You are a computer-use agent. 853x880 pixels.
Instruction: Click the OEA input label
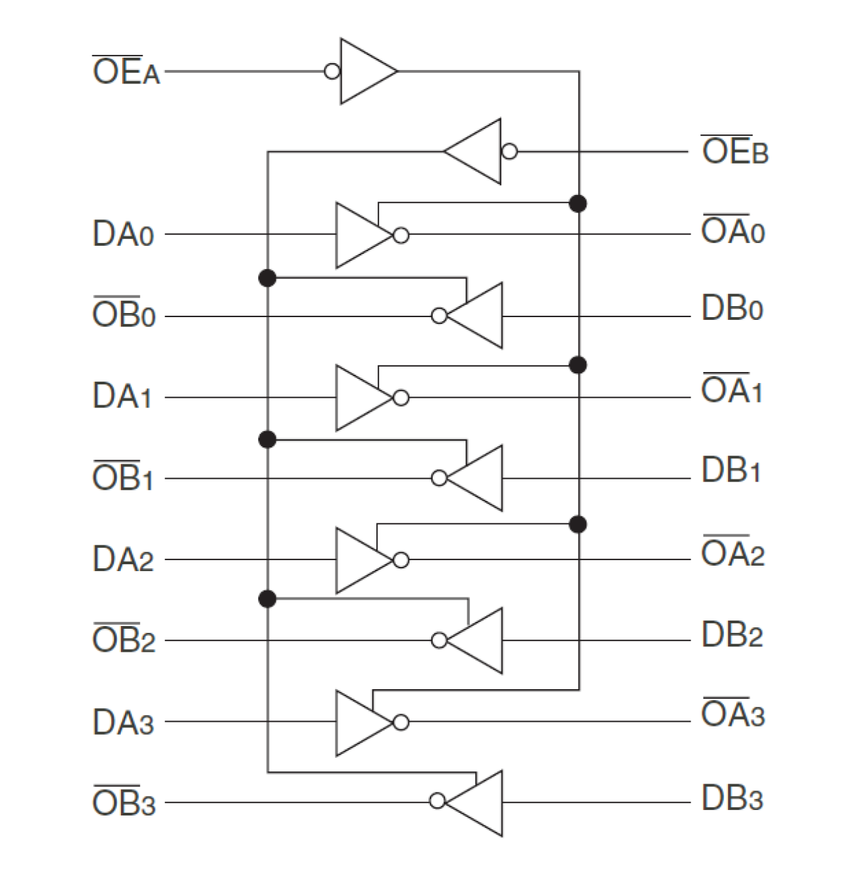pos(126,71)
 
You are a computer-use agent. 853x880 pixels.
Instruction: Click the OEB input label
pos(734,151)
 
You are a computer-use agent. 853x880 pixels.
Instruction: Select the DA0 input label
pos(123,235)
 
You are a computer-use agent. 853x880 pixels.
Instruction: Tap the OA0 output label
pos(733,231)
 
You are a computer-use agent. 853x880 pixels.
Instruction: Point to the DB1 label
pos(731,471)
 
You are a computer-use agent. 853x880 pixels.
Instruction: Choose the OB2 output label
pos(124,640)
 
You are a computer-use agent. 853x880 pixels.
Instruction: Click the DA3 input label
pos(123,722)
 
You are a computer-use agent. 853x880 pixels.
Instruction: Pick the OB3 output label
pos(124,803)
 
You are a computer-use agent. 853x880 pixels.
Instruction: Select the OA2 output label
pos(733,554)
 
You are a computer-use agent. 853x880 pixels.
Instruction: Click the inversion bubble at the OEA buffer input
pos(332,71)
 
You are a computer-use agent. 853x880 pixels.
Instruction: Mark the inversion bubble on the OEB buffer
pos(509,151)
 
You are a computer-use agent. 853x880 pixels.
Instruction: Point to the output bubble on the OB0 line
pos(439,316)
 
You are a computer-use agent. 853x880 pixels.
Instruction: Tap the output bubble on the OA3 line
pos(401,722)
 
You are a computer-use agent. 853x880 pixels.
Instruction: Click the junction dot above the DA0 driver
pos(578,203)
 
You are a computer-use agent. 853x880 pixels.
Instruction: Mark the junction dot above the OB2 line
pos(268,599)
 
